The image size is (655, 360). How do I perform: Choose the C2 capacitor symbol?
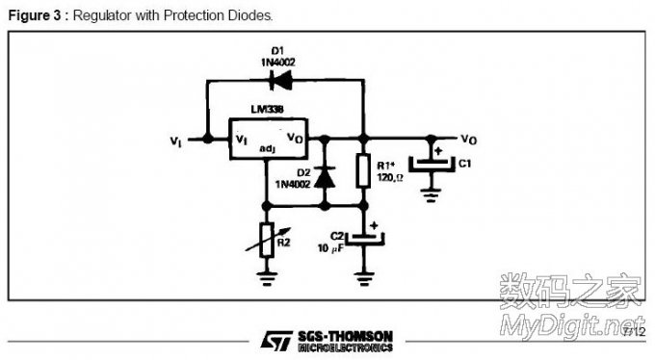tap(362, 237)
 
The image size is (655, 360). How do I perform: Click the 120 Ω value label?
tap(388, 179)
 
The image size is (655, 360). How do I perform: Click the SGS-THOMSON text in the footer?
tap(345, 335)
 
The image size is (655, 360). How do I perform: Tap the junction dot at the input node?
tap(207, 140)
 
